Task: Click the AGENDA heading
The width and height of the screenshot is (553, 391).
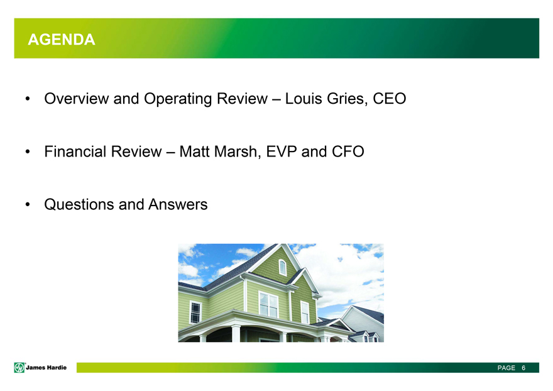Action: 62,40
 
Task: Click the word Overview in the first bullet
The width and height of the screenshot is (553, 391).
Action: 77,99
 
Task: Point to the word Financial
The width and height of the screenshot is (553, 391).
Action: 75,151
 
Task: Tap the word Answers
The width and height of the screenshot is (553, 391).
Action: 178,205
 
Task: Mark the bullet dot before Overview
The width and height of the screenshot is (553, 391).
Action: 28,99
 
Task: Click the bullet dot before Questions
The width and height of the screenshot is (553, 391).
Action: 28,205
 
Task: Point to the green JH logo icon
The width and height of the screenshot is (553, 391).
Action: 19,368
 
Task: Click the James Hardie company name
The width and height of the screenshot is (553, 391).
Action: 47,368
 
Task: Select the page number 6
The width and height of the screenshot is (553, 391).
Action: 523,368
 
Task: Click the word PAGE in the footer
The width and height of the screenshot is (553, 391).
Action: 506,368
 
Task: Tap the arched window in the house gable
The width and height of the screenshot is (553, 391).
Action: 283,267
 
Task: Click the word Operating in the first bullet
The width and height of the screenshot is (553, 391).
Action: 178,99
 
